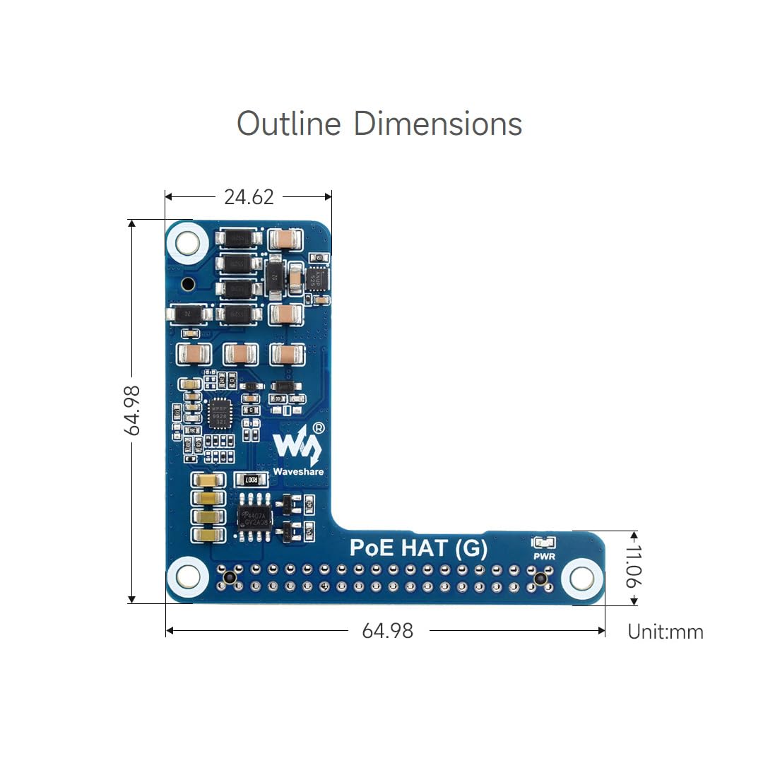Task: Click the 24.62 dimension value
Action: (x=249, y=197)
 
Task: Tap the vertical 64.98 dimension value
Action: (x=132, y=410)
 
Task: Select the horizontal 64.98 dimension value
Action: (x=387, y=630)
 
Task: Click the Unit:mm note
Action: (x=666, y=631)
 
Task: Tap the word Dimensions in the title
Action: (x=437, y=124)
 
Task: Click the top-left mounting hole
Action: (x=187, y=243)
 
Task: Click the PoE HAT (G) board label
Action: (x=419, y=548)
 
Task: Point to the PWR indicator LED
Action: (x=543, y=543)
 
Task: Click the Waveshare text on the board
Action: (x=298, y=471)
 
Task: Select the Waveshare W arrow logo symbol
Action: (x=297, y=445)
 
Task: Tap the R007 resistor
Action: (x=251, y=480)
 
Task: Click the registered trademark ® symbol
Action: (x=319, y=428)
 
